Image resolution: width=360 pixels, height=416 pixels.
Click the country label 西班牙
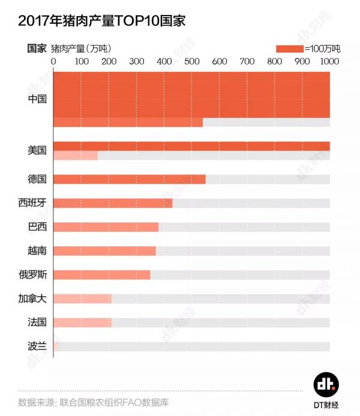click(x=32, y=203)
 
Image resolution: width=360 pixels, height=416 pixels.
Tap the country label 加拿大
click(x=32, y=299)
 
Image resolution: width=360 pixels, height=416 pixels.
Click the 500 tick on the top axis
click(x=191, y=61)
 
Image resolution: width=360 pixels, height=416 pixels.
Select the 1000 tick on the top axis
click(x=329, y=61)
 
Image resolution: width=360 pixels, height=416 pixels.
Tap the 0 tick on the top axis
click(x=54, y=61)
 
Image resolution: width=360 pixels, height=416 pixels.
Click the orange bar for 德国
click(x=130, y=179)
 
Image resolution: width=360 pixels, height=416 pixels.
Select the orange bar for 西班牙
click(x=113, y=203)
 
